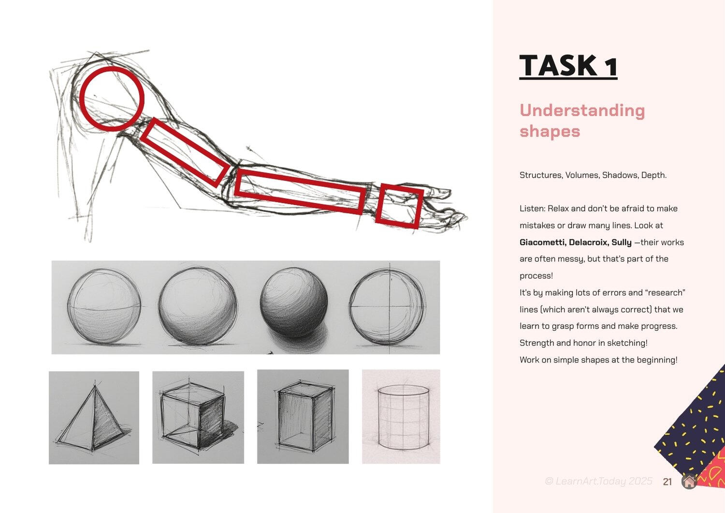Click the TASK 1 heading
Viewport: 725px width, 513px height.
(568, 66)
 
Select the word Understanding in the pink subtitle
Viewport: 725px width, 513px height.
(582, 110)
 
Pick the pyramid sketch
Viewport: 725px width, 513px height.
(94, 417)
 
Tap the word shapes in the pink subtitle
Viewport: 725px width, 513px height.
(550, 132)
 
